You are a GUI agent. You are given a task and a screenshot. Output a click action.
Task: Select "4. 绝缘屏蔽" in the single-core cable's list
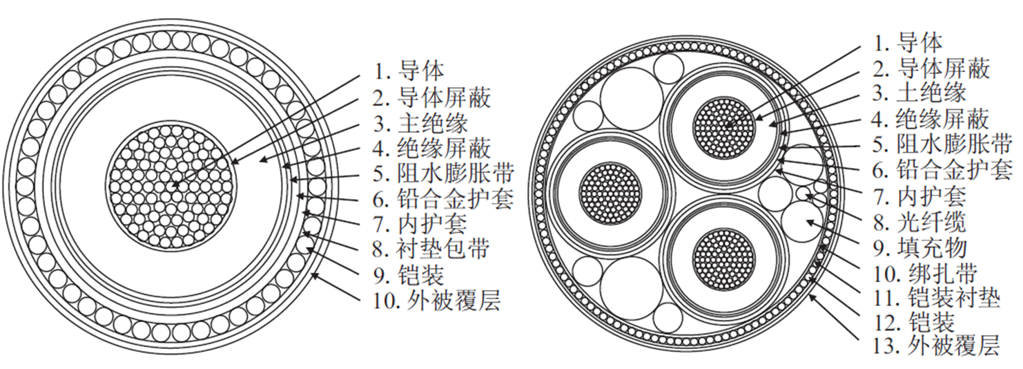pyautogui.click(x=433, y=148)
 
